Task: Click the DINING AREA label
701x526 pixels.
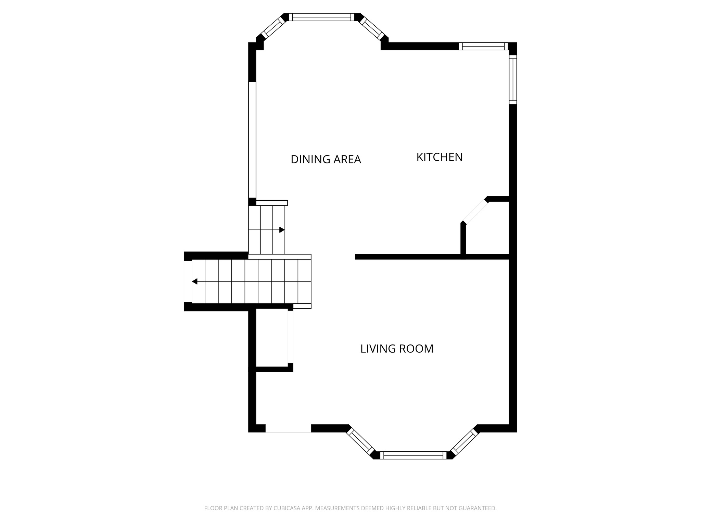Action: click(326, 160)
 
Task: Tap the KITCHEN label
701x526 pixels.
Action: click(439, 157)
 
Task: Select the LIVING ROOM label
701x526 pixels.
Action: click(397, 349)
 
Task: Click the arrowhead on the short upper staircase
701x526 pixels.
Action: click(282, 230)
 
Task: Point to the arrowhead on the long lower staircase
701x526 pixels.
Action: click(195, 281)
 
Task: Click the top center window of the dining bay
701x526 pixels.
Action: click(321, 17)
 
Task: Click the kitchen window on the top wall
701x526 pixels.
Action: click(483, 46)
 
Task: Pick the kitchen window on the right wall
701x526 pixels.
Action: click(512, 79)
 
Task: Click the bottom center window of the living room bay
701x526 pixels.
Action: click(413, 455)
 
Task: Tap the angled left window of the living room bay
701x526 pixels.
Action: click(360, 441)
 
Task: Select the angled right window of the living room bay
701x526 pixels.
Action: click(464, 441)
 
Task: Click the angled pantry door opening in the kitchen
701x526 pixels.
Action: click(475, 212)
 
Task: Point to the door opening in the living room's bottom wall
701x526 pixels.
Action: click(288, 428)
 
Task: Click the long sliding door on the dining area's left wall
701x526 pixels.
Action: click(252, 140)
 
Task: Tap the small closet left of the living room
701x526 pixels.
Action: click(272, 337)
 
